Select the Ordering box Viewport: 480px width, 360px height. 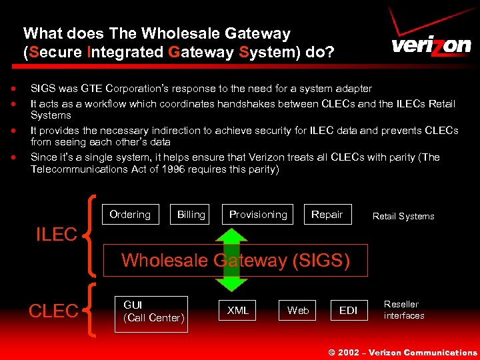click(130, 215)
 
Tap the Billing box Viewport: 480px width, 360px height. click(191, 215)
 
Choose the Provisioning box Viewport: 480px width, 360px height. click(258, 215)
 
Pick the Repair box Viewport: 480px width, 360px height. click(327, 215)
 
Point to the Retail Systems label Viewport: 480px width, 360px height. click(403, 216)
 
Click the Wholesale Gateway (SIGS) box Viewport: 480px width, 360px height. click(235, 260)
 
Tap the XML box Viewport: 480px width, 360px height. click(238, 311)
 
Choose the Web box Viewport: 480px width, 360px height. click(297, 311)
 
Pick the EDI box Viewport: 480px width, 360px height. click(348, 311)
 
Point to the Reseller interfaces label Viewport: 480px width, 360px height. click(403, 310)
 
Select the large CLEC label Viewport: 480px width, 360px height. click(54, 311)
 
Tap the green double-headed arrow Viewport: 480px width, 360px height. click(231, 260)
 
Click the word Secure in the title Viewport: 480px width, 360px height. click(56, 53)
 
